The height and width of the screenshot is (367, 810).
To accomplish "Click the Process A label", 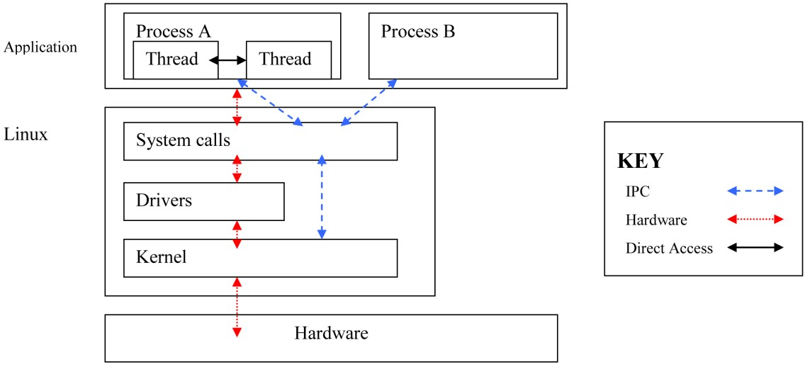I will click(x=173, y=31).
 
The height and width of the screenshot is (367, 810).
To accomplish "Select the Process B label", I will click(x=417, y=31).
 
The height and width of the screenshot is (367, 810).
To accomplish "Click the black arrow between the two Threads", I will click(x=227, y=61).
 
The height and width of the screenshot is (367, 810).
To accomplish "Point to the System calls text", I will click(x=183, y=140).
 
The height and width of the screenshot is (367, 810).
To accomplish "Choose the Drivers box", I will click(x=203, y=201).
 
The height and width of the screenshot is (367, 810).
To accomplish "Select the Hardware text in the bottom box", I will click(x=331, y=333).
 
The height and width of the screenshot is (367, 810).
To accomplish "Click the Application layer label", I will click(x=40, y=47).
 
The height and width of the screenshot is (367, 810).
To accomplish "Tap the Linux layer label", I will click(x=26, y=133).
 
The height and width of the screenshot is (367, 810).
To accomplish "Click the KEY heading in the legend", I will click(x=641, y=161).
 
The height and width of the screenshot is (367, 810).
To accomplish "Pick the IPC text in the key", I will click(x=637, y=191).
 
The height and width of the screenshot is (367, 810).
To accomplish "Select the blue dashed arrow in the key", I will click(x=755, y=191).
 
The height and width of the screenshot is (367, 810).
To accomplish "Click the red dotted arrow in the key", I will click(x=755, y=220).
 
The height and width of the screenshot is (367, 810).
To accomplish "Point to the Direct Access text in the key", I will click(x=669, y=249).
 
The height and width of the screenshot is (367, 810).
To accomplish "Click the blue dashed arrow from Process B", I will click(x=369, y=103).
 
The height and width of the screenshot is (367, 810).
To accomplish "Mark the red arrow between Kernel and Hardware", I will click(x=237, y=307).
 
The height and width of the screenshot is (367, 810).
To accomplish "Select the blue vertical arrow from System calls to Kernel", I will click(x=322, y=196).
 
